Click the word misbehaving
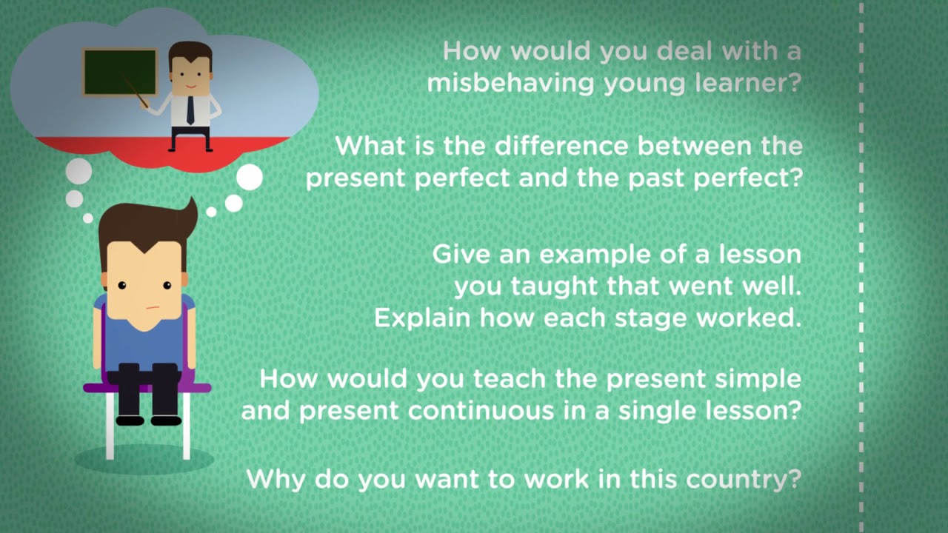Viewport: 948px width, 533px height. [511, 83]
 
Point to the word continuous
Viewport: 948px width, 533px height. [481, 410]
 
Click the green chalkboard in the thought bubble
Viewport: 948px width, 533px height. [120, 72]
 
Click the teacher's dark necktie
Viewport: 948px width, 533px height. [190, 110]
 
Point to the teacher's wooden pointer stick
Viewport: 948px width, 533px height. [136, 91]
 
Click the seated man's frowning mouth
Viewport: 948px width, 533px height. [153, 307]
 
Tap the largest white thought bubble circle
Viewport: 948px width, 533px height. [250, 177]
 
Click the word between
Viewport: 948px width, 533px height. [695, 146]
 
